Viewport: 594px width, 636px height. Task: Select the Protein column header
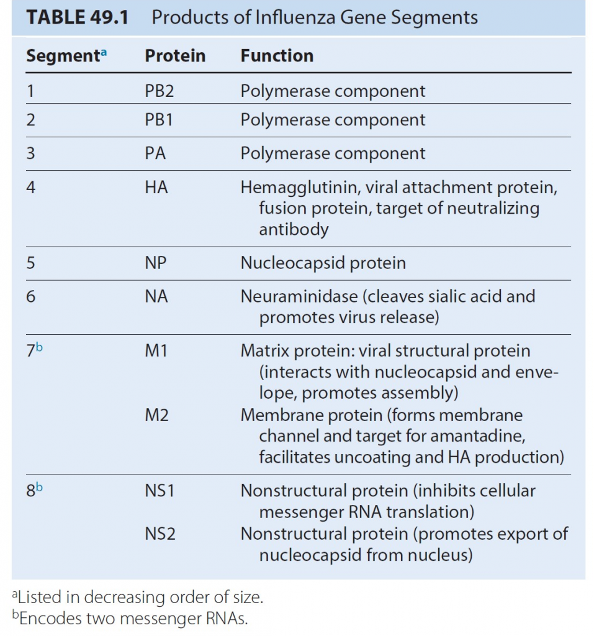pyautogui.click(x=175, y=55)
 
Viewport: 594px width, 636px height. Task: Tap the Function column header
pyautogui.click(x=277, y=55)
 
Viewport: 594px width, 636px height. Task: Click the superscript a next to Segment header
pyautogui.click(x=104, y=52)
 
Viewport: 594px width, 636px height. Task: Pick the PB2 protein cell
pyautogui.click(x=160, y=91)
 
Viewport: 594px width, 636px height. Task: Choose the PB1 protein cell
pyautogui.click(x=159, y=120)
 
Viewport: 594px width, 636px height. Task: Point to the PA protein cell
pyautogui.click(x=155, y=153)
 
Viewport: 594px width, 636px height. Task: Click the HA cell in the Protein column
pyautogui.click(x=156, y=188)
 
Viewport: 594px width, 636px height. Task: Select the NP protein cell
pyautogui.click(x=156, y=263)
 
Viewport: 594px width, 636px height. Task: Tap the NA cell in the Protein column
pyautogui.click(x=156, y=296)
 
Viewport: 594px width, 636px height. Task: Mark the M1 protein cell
pyautogui.click(x=156, y=351)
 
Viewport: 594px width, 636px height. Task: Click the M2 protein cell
pyautogui.click(x=156, y=416)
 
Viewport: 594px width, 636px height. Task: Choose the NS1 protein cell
pyautogui.click(x=160, y=491)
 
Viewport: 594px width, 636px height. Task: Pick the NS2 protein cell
pyautogui.click(x=160, y=534)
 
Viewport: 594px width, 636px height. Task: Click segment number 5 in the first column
pyautogui.click(x=30, y=263)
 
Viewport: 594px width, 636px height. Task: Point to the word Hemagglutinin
pyautogui.click(x=300, y=188)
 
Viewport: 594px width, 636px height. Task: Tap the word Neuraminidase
pyautogui.click(x=299, y=296)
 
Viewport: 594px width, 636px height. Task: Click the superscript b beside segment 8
pyautogui.click(x=39, y=486)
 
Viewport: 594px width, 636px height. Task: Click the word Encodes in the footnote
pyautogui.click(x=48, y=619)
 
